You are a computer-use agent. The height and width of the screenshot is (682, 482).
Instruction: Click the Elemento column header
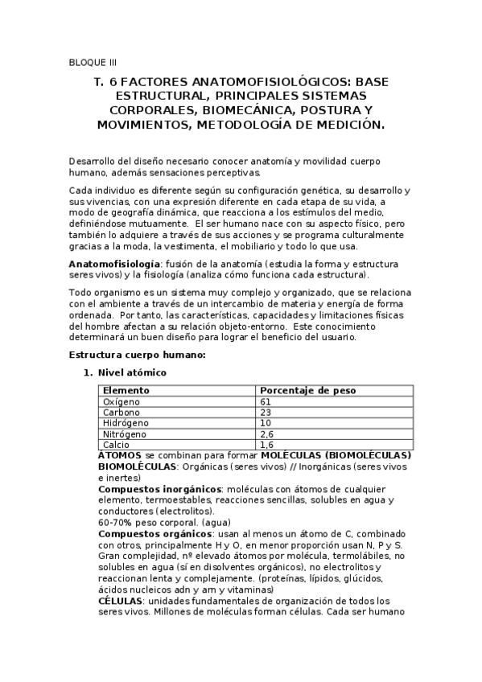(126, 390)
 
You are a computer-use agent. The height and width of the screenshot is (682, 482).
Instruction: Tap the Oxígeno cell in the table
(122, 401)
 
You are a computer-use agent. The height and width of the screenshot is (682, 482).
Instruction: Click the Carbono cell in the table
(122, 412)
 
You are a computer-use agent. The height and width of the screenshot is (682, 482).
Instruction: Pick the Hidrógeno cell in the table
(126, 423)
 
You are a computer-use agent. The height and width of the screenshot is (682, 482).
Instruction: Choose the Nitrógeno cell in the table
(125, 433)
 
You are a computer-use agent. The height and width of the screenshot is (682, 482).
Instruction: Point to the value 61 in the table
(266, 401)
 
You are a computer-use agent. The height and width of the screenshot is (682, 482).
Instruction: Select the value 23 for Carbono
(266, 412)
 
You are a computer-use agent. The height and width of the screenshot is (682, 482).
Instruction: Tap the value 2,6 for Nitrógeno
(267, 433)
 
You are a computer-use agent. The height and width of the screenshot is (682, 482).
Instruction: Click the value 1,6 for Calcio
(267, 444)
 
